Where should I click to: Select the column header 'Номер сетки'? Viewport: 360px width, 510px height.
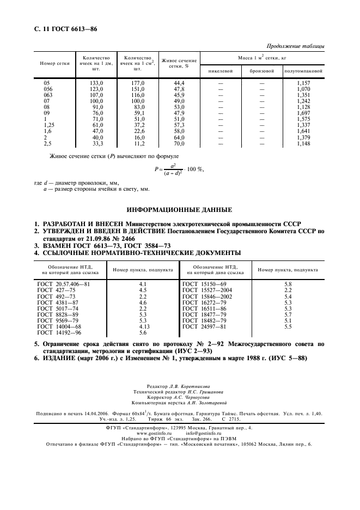[x=54, y=63]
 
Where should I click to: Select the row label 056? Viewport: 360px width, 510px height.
[x=50, y=88]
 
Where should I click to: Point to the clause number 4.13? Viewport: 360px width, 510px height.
[x=144, y=326]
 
